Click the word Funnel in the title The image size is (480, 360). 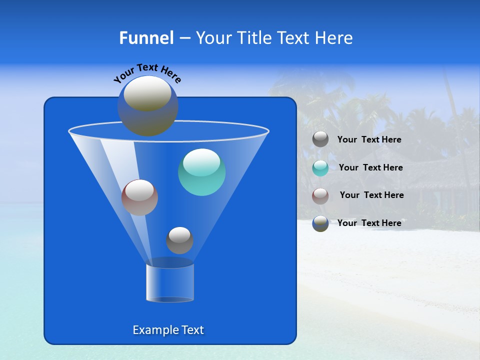(146, 38)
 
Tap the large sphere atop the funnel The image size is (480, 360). (147, 106)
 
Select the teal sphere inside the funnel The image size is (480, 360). (201, 172)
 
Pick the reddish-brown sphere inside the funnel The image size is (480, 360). (139, 197)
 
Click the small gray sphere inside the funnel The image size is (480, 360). (179, 240)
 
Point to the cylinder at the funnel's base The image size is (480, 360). (170, 283)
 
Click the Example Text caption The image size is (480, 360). (168, 330)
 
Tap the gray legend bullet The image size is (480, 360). (320, 139)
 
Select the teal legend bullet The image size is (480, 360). (320, 167)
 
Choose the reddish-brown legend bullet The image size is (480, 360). (320, 195)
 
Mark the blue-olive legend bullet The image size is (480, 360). (320, 223)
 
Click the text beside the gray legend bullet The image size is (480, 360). (369, 140)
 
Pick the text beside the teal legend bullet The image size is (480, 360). (370, 167)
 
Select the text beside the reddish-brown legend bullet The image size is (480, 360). (371, 195)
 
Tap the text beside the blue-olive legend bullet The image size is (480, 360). (369, 223)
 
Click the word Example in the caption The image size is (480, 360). (153, 330)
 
